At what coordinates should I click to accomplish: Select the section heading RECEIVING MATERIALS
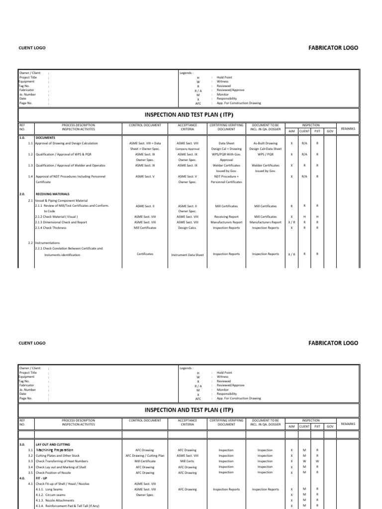[x=53, y=194]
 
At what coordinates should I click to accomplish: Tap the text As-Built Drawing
[x=265, y=143]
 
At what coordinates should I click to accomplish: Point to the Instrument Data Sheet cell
[x=188, y=254]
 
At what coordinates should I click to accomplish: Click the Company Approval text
[x=188, y=149]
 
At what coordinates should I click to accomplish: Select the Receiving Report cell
[x=226, y=217]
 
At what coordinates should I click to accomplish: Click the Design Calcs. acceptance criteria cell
[x=188, y=228]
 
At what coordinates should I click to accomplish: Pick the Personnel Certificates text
[x=226, y=182]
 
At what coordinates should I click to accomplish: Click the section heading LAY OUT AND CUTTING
[x=53, y=444]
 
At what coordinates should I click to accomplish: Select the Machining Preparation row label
[x=55, y=450]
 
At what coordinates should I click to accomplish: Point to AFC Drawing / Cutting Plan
[x=145, y=456]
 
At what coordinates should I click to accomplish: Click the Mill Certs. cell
[x=188, y=461]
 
